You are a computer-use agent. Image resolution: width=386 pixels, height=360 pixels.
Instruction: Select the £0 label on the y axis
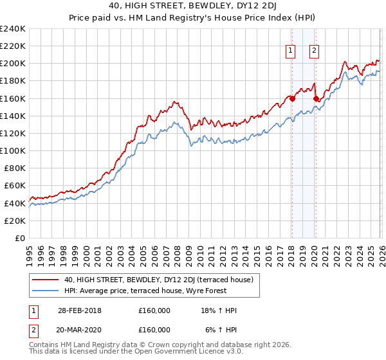click(19, 238)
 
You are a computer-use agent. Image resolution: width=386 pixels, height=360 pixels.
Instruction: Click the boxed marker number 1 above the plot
click(291, 51)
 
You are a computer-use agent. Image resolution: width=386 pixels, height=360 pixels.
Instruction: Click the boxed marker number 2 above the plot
click(314, 51)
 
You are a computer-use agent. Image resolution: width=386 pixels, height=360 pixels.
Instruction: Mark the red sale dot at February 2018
click(292, 98)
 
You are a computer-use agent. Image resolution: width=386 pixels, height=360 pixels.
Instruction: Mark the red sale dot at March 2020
click(316, 98)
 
